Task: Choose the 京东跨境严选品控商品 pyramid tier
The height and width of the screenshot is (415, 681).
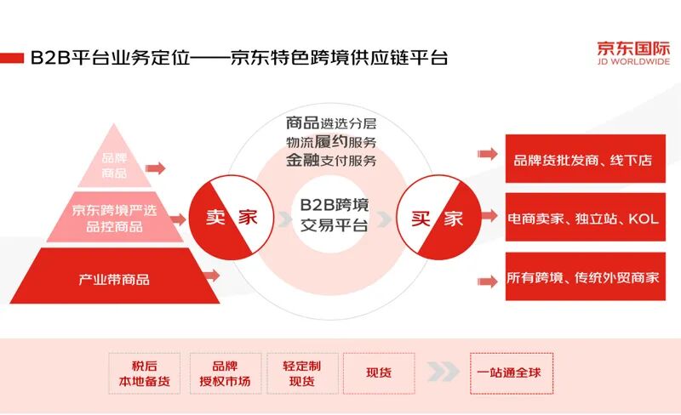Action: pyautogui.click(x=114, y=217)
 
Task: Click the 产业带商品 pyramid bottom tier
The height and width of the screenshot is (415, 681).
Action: pyautogui.click(x=114, y=278)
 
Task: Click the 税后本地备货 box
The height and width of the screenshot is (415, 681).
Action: pyautogui.click(x=145, y=372)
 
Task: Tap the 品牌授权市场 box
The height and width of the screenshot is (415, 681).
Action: pyautogui.click(x=225, y=372)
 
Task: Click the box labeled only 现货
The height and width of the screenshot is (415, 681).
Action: pyautogui.click(x=378, y=372)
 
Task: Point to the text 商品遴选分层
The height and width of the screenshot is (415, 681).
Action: pyautogui.click(x=331, y=122)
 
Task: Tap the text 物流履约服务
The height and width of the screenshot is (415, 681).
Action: pyautogui.click(x=331, y=140)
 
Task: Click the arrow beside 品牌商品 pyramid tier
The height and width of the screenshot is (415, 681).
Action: pyautogui.click(x=155, y=168)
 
